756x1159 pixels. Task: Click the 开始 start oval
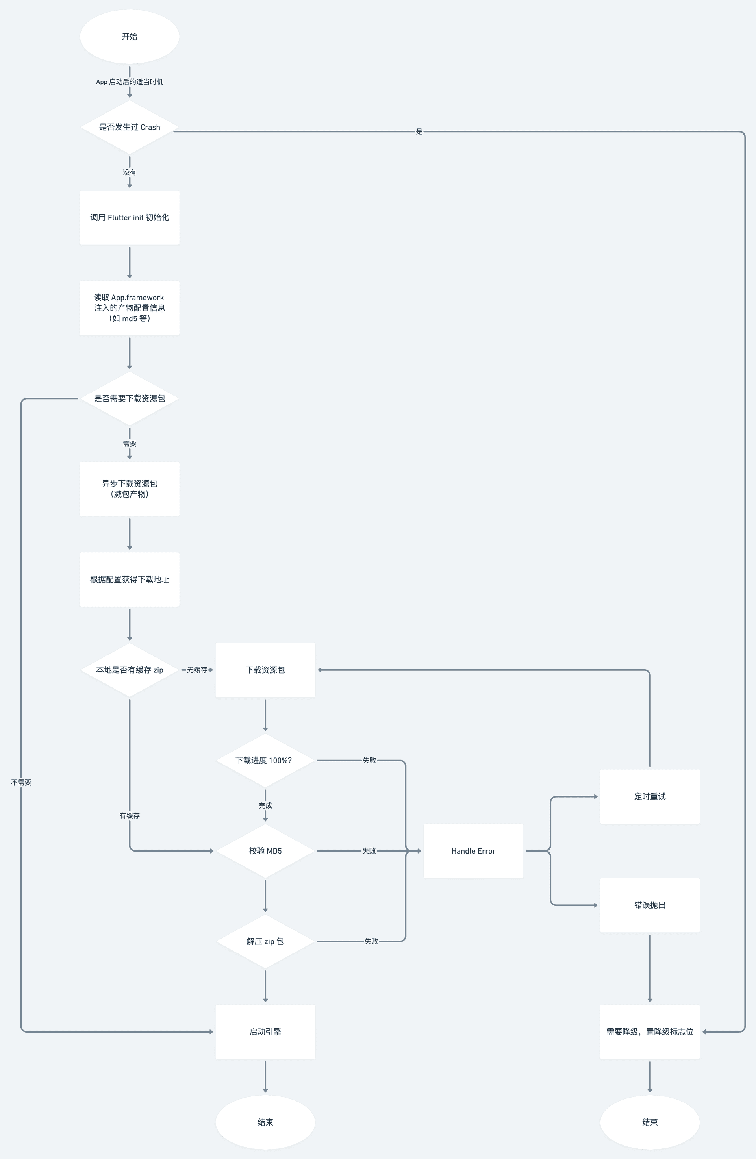tap(130, 37)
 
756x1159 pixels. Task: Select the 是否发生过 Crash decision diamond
tap(130, 127)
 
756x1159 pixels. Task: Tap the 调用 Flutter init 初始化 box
tap(130, 218)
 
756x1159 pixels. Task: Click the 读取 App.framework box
tap(130, 308)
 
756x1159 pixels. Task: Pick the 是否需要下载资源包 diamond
tap(130, 398)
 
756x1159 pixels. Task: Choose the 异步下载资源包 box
tap(130, 489)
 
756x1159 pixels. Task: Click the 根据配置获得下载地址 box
tap(130, 579)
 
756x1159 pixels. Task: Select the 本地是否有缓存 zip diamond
tap(130, 670)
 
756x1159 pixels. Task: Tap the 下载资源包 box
tap(265, 670)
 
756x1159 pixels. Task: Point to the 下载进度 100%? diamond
tap(265, 760)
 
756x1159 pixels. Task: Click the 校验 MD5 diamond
tap(265, 851)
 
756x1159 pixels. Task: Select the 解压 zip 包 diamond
tap(265, 941)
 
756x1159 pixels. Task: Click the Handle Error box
tap(473, 851)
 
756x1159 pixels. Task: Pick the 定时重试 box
tap(650, 797)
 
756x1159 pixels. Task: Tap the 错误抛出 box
tap(650, 905)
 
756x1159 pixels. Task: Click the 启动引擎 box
tap(265, 1032)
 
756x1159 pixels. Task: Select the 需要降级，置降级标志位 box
tap(650, 1032)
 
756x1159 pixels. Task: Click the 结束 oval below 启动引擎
tap(265, 1122)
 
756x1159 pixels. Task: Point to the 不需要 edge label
tap(21, 783)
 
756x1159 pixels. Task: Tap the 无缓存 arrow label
tap(197, 670)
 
